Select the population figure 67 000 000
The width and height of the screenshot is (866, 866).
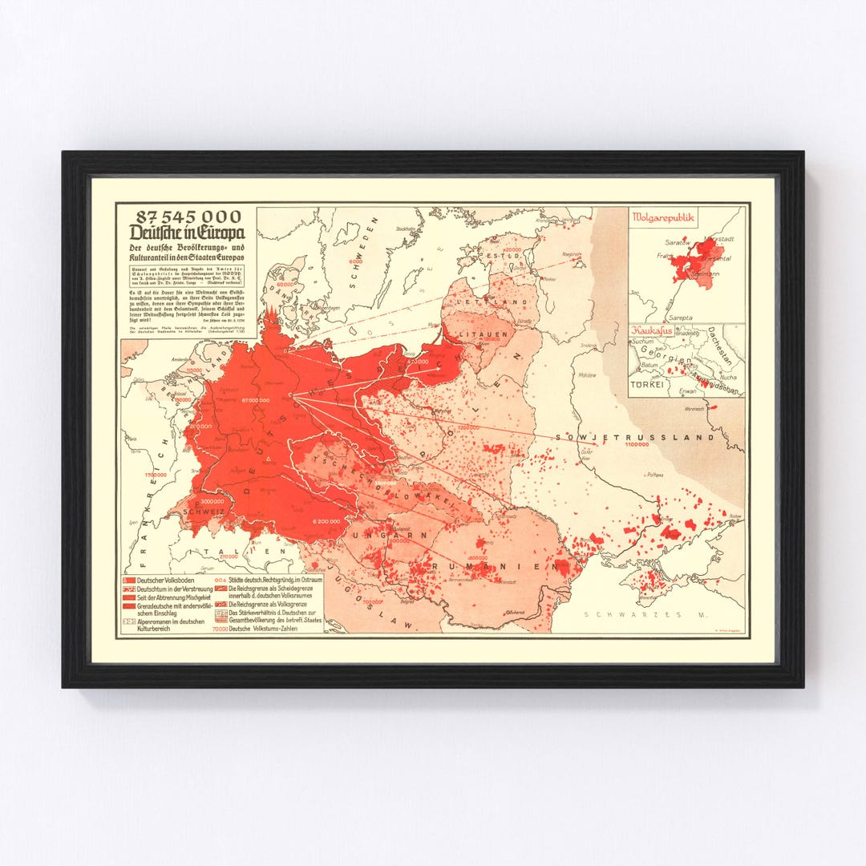point(254,399)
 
